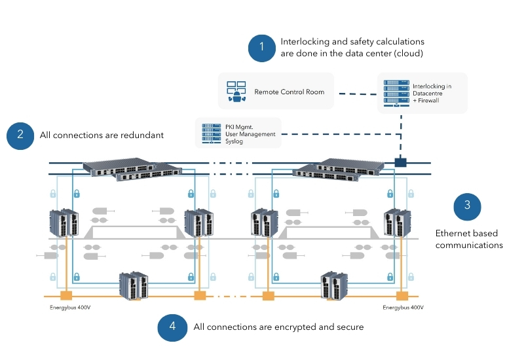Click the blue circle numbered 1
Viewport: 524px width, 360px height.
(x=262, y=47)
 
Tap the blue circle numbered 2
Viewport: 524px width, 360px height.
(x=20, y=135)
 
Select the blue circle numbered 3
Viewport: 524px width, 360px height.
(x=467, y=206)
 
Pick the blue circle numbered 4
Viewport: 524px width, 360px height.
(x=172, y=327)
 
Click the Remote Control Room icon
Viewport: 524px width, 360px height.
(x=234, y=92)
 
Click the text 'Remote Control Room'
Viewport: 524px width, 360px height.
(x=290, y=92)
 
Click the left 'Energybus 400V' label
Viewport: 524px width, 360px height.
(x=70, y=307)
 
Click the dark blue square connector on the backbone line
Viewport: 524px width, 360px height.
(x=400, y=162)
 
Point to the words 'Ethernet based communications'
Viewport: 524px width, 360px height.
(x=470, y=239)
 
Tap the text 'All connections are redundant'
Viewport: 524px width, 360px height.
(x=102, y=135)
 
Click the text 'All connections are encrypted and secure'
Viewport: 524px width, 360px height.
(x=278, y=327)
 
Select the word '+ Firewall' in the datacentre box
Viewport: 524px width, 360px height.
(x=426, y=101)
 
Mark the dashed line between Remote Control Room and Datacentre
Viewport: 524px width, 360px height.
(x=356, y=93)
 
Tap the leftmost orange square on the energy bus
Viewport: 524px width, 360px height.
(x=65, y=296)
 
